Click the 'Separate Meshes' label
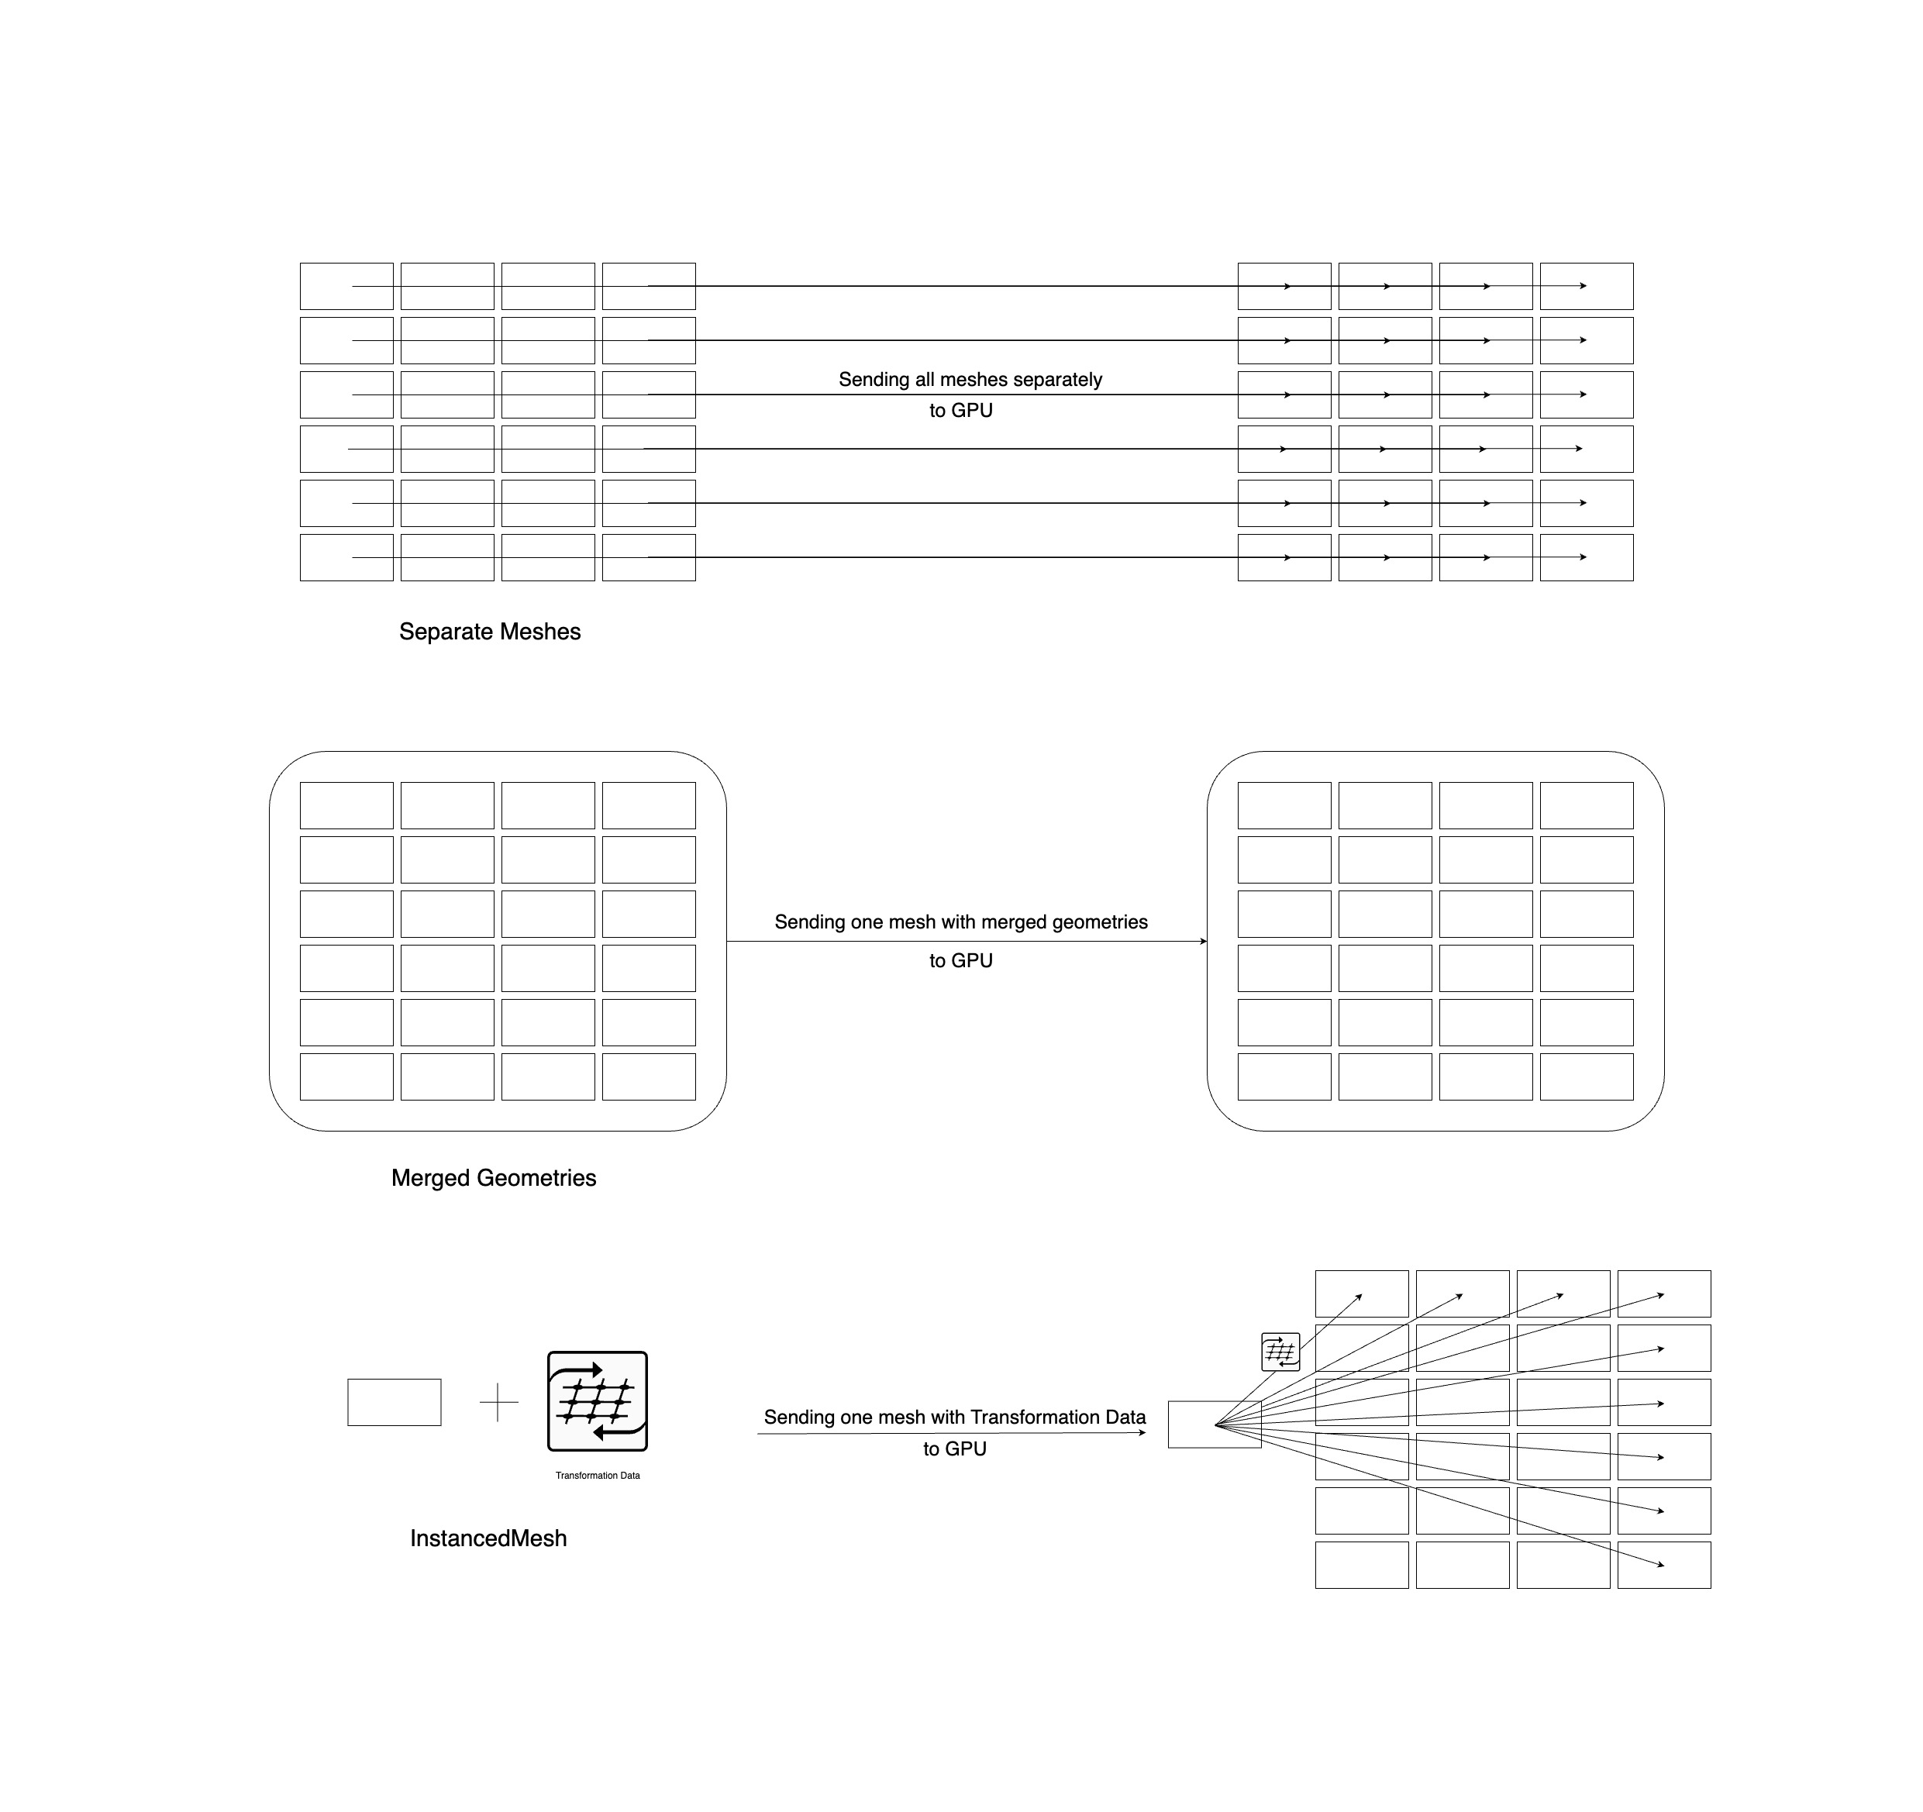489,632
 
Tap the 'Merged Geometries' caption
493,1178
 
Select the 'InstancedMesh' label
488,1538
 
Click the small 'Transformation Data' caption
598,1476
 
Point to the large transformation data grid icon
598,1400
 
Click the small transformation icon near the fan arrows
1280,1352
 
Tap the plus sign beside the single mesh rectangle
499,1402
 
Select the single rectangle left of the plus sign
395,1402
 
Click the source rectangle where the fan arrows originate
1215,1424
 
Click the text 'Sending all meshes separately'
970,379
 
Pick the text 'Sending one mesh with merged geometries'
961,922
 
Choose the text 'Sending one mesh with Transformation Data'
955,1418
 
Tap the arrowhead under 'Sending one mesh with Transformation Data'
1142,1433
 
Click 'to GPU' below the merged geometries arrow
961,961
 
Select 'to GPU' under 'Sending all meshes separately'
961,410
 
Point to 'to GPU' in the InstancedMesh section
955,1449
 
